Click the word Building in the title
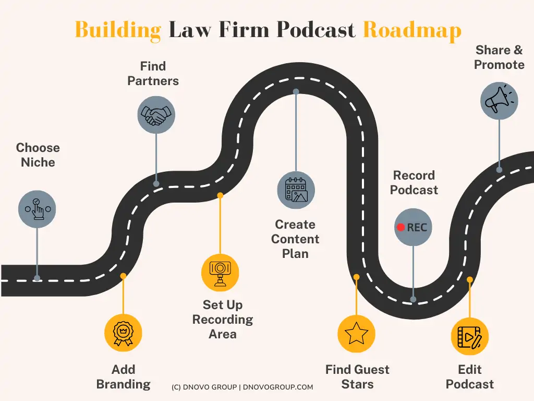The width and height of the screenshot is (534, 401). pyautogui.click(x=118, y=30)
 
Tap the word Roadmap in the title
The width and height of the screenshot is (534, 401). pyautogui.click(x=412, y=30)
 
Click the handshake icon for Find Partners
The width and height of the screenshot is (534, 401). pyautogui.click(x=156, y=115)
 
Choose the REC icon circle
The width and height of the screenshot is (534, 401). pyautogui.click(x=413, y=227)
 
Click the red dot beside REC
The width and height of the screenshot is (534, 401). pyautogui.click(x=400, y=227)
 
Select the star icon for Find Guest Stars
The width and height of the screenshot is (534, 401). pyautogui.click(x=356, y=334)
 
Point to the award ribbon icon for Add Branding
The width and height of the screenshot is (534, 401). pyautogui.click(x=123, y=333)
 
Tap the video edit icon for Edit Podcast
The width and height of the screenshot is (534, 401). pyautogui.click(x=469, y=337)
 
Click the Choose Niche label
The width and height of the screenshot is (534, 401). pyautogui.click(x=38, y=155)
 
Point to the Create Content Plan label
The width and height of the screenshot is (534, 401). pyautogui.click(x=295, y=239)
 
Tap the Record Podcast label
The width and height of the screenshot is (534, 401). pyautogui.click(x=414, y=183)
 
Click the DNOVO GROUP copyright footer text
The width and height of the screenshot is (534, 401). pyautogui.click(x=242, y=387)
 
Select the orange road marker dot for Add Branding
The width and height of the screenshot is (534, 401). pyautogui.click(x=123, y=276)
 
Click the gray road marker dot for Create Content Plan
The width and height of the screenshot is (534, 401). pyautogui.click(x=296, y=91)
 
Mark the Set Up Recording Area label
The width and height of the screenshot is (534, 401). pyautogui.click(x=223, y=319)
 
